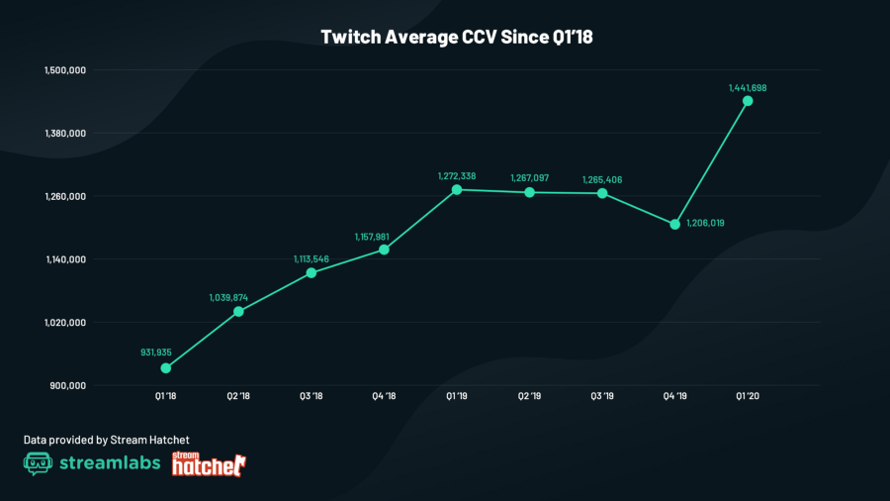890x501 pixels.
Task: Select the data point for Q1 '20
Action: pos(748,101)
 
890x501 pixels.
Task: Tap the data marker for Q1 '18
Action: pos(166,368)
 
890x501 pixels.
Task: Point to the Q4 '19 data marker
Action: pos(674,224)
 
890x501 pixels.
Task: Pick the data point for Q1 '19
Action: pos(457,189)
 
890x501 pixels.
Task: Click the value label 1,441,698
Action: pos(748,87)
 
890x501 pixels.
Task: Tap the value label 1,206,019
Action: pos(706,223)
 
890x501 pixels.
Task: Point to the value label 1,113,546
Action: pos(311,258)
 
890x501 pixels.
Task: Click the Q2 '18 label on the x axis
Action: pos(238,396)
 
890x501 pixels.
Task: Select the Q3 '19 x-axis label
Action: pos(601,396)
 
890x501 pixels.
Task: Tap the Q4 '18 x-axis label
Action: pos(384,396)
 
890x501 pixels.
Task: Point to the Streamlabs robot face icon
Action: pos(38,464)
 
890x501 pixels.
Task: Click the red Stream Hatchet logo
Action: pos(209,463)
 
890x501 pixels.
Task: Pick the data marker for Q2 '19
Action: pos(529,192)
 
